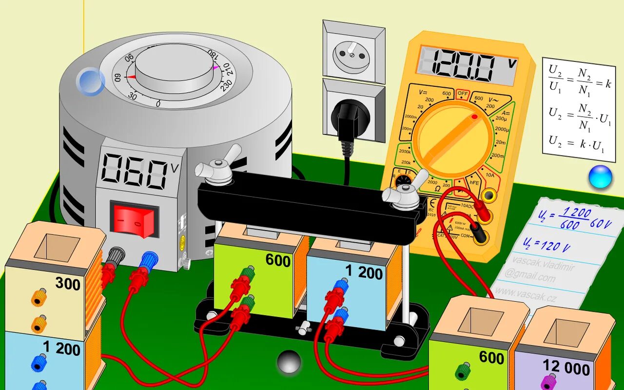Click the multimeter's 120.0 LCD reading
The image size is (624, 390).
468,66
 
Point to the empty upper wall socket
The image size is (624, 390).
353,52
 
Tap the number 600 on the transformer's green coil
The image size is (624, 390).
278,260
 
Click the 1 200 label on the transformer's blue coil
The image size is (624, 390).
364,273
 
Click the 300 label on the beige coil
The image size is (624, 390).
68,283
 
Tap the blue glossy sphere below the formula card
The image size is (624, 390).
600,177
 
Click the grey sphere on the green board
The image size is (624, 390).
289,362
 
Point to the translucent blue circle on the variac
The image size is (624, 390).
91,81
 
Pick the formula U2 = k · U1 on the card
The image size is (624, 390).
577,143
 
